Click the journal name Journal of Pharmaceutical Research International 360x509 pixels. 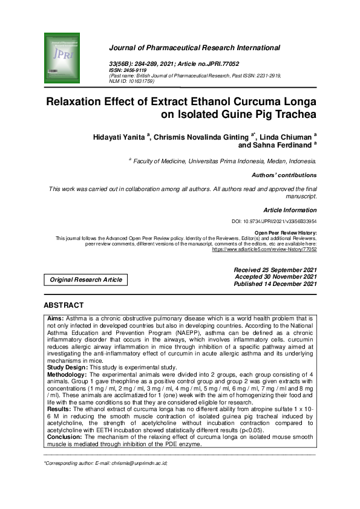[194, 47]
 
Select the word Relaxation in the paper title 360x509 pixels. [80, 101]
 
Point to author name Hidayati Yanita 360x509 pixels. [118, 138]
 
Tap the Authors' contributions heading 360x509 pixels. [284, 175]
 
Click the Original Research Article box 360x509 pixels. [86, 280]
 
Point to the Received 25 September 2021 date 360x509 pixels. [275, 269]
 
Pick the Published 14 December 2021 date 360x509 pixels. [275, 284]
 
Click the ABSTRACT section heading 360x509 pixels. [64, 305]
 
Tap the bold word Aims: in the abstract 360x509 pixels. [56, 317]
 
